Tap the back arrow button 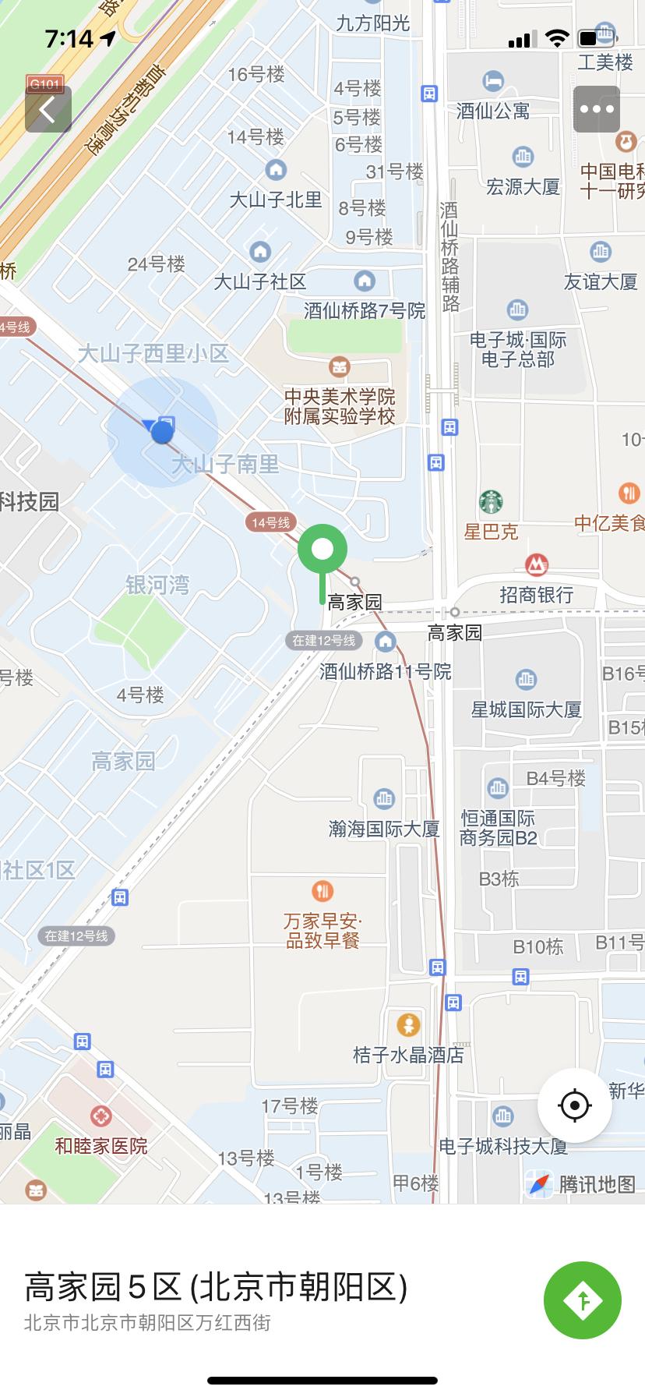(x=48, y=109)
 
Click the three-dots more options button (x=597, y=109)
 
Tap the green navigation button (x=582, y=1300)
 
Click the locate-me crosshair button (x=575, y=1105)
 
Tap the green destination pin (x=322, y=550)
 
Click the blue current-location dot (x=162, y=432)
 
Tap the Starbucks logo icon (x=491, y=502)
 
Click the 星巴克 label (x=491, y=532)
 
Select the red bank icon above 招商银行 (x=536, y=564)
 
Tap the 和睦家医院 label (x=100, y=1146)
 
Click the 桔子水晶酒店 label (x=408, y=1055)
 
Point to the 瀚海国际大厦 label (x=384, y=828)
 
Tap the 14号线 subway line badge (x=270, y=522)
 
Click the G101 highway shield (x=44, y=84)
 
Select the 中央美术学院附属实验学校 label (x=340, y=406)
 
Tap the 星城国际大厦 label (x=527, y=709)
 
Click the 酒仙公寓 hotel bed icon (x=493, y=80)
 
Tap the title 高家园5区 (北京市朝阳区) (x=216, y=1287)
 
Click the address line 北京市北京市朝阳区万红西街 (x=147, y=1322)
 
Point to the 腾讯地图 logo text (x=597, y=1184)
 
